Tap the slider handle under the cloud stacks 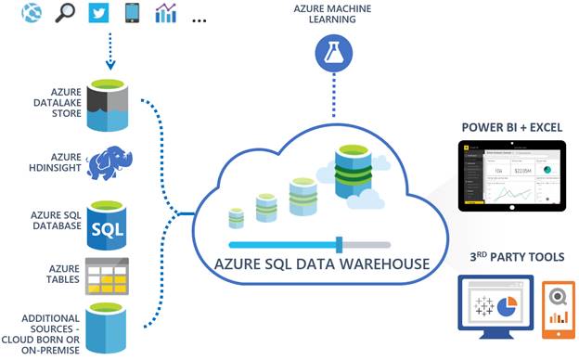coord(339,244)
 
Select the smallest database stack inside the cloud coord(237,217)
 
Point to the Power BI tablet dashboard coord(513,177)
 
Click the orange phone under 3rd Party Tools coord(558,305)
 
